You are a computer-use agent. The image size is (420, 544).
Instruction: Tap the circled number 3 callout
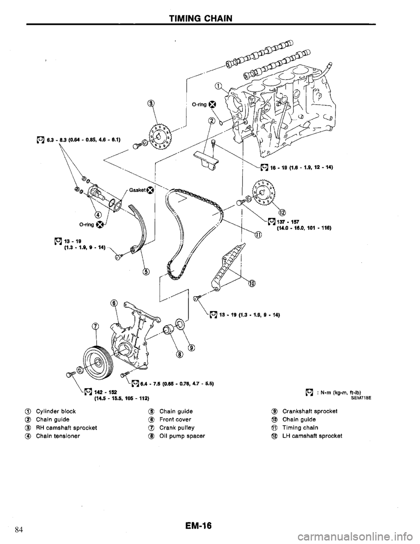point(150,103)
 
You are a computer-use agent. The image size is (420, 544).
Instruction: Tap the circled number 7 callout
point(95,325)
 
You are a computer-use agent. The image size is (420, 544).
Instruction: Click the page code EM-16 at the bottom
point(200,525)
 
